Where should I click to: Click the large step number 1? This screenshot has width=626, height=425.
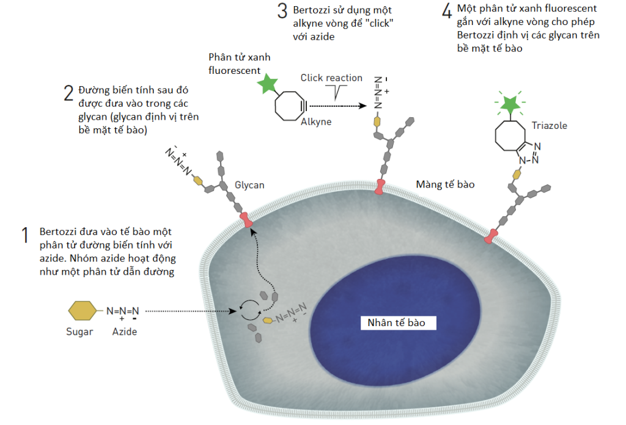tap(26, 236)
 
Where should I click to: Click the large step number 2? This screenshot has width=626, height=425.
tap(68, 93)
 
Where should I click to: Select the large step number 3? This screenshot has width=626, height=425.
tap(282, 11)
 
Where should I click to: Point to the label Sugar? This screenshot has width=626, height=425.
tap(79, 332)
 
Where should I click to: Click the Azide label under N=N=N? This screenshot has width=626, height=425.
tap(125, 332)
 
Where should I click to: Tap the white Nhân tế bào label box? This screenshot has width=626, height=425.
tap(396, 322)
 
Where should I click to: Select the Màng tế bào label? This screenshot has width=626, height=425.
tap(444, 184)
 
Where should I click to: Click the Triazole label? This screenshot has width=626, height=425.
tap(549, 126)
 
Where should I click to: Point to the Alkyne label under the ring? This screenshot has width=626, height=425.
tap(316, 122)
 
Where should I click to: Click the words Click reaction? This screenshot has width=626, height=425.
tap(331, 78)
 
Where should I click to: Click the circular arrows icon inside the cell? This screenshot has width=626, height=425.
tap(249, 311)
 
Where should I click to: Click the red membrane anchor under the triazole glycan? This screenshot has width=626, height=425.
tap(491, 236)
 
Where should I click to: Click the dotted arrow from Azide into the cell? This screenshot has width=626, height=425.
tap(190, 311)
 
